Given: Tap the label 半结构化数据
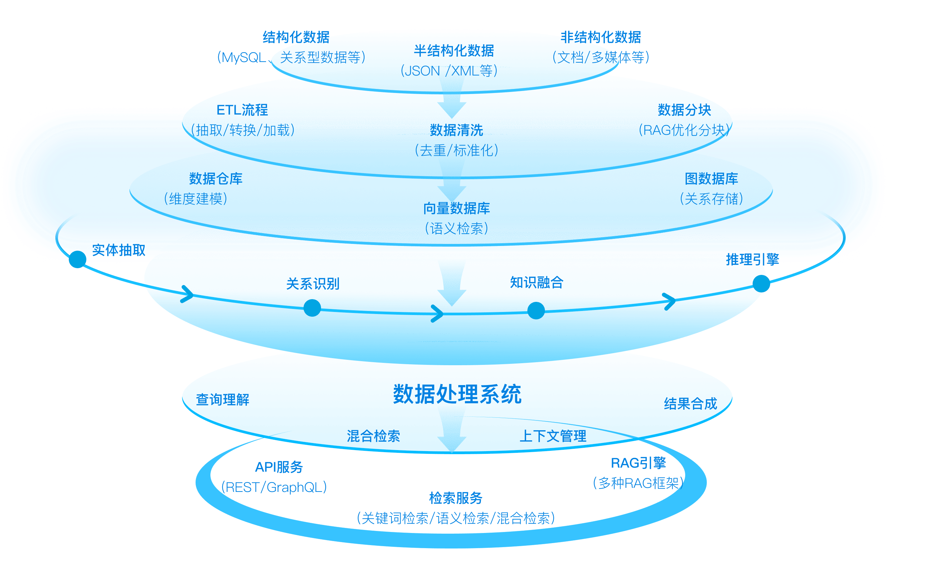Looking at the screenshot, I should click(x=454, y=51).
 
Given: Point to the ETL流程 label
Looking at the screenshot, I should click(x=242, y=110).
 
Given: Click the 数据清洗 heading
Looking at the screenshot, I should click(x=457, y=130).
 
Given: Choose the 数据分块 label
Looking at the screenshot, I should click(x=684, y=110).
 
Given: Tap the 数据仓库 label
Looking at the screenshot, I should click(x=215, y=179).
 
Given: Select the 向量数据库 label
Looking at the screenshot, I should click(x=457, y=209).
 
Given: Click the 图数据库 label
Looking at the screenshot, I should click(x=711, y=179).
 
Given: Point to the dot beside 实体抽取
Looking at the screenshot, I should click(x=78, y=259).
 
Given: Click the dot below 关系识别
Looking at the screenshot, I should click(x=312, y=308).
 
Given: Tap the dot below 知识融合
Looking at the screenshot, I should click(x=536, y=311).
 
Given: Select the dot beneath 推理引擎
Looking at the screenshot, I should click(x=761, y=283).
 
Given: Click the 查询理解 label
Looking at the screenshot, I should click(x=223, y=400).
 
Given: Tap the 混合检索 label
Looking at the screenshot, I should click(x=373, y=436).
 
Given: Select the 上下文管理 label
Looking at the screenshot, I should click(x=553, y=436).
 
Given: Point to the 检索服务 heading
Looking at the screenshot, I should click(x=456, y=498).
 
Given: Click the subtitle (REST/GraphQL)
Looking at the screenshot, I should click(x=274, y=488).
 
